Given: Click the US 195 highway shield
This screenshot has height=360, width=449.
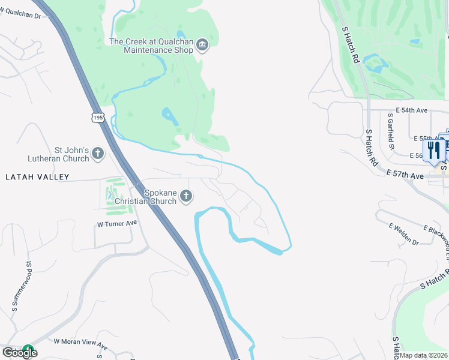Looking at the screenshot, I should tap(98, 116).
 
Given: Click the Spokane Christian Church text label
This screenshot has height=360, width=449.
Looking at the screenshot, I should tap(160, 197).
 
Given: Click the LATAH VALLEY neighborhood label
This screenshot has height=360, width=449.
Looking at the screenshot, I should tap(37, 177).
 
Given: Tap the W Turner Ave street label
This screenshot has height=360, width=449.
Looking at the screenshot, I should tap(117, 223).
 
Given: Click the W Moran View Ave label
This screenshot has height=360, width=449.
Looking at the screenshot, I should tap(80, 344).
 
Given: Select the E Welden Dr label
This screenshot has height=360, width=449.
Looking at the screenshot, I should tap(403, 234).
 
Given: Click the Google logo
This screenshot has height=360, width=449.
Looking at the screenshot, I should tap(19, 352).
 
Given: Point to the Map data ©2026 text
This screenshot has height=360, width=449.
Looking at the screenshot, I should tap(424, 355).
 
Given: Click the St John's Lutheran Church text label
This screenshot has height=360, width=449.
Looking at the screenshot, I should tap(59, 154).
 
